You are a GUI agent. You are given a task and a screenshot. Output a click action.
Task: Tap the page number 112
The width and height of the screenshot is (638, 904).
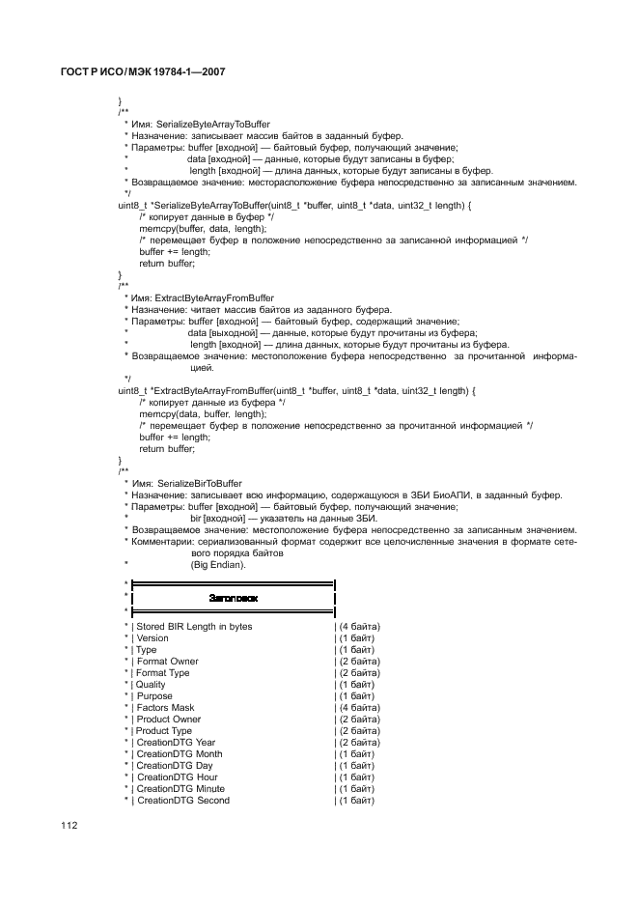click(x=69, y=825)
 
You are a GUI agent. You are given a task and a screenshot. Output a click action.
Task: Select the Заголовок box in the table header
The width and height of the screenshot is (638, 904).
click(x=233, y=599)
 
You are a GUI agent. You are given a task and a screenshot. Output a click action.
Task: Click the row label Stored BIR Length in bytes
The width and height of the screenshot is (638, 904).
click(x=194, y=627)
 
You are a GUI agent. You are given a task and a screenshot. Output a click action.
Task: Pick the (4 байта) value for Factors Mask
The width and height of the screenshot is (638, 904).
click(x=357, y=708)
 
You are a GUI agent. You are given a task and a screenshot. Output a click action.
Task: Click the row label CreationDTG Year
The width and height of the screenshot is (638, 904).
click(x=176, y=743)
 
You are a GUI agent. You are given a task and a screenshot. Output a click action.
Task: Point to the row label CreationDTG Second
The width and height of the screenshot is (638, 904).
click(x=182, y=801)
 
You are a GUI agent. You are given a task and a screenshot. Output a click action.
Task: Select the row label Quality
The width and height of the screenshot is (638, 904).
click(x=151, y=685)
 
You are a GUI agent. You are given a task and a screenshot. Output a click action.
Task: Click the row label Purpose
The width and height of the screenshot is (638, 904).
click(x=153, y=696)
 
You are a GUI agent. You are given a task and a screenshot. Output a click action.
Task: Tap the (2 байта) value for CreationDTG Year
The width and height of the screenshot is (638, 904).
click(x=357, y=743)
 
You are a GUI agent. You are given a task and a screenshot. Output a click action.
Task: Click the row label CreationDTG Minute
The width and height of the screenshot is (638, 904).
click(x=180, y=789)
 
